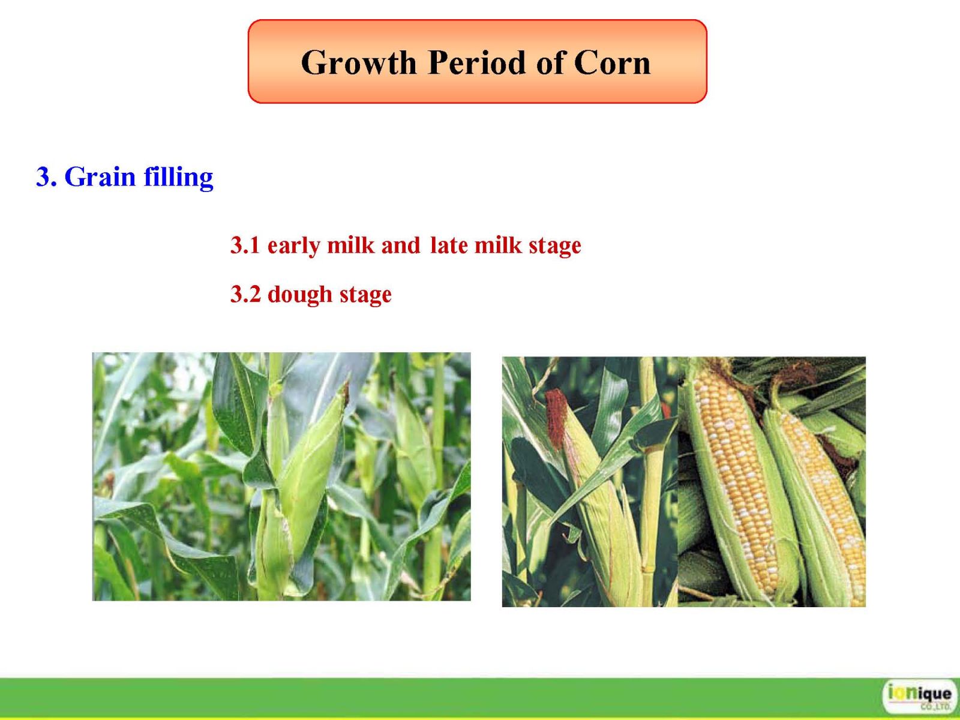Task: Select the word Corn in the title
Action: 613,62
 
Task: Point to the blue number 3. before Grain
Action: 46,177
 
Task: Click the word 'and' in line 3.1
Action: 401,245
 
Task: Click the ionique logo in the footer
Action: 919,696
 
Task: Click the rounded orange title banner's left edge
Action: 248,61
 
